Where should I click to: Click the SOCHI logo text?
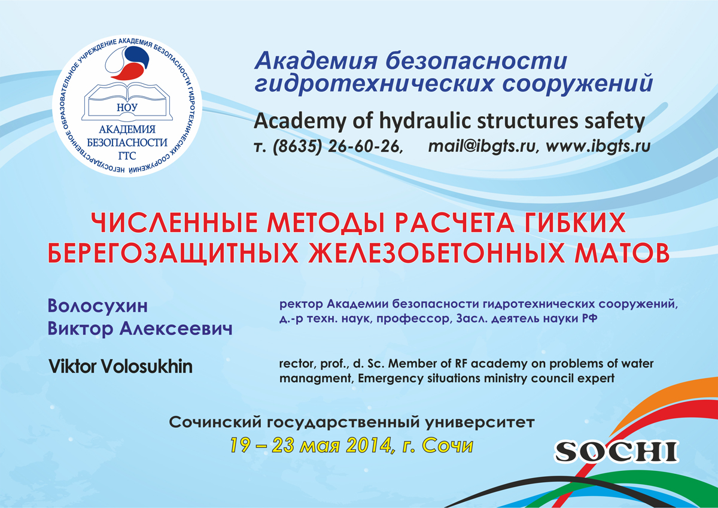(x=616, y=452)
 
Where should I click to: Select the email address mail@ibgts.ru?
(x=482, y=146)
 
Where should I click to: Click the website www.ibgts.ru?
(x=598, y=146)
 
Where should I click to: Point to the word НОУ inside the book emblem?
(x=127, y=107)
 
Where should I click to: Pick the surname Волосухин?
(x=98, y=306)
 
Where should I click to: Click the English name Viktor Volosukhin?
(x=120, y=366)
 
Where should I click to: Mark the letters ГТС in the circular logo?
(x=127, y=156)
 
